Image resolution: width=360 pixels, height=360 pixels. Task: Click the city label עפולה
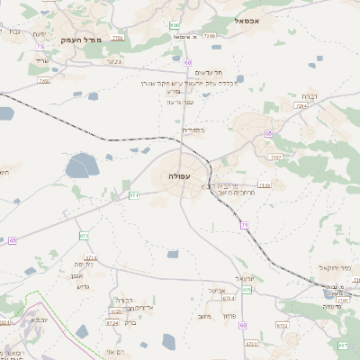click(178, 176)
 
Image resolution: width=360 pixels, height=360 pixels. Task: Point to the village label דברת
click(308, 95)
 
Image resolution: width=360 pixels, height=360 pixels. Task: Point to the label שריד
click(41, 60)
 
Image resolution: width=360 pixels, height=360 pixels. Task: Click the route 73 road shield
click(40, 47)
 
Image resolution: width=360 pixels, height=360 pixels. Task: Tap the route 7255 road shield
click(43, 81)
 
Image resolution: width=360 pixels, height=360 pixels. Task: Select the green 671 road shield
click(134, 194)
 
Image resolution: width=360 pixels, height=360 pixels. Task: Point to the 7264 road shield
click(300, 105)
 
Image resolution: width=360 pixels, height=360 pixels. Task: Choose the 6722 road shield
click(282, 326)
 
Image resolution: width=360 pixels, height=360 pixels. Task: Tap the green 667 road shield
click(342, 345)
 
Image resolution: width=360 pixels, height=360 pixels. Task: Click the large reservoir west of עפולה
click(81, 166)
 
